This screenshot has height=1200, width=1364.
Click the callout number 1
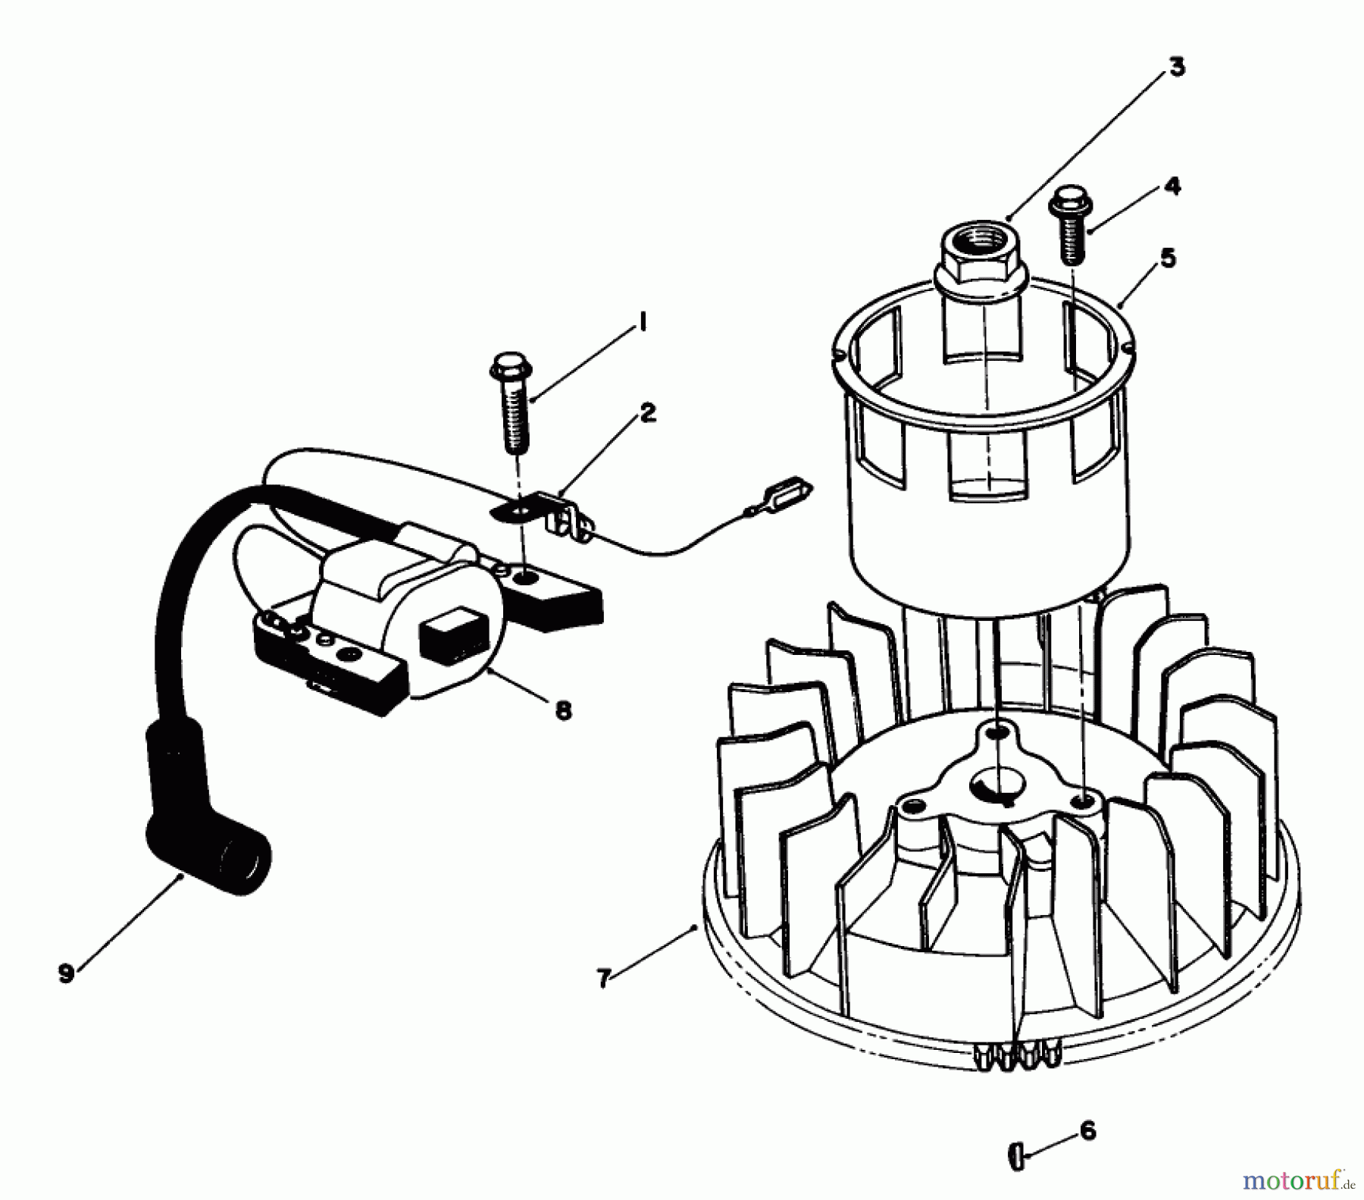click(643, 324)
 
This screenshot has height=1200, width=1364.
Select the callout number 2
click(647, 413)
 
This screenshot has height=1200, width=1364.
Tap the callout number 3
click(1175, 67)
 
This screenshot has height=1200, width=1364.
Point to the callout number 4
click(1172, 186)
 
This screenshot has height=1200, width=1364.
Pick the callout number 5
click(1168, 258)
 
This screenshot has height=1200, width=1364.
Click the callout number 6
click(1087, 1132)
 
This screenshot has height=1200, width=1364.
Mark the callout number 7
click(603, 979)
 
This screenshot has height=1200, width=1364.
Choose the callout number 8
click(563, 710)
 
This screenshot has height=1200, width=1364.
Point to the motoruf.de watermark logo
click(1297, 1180)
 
